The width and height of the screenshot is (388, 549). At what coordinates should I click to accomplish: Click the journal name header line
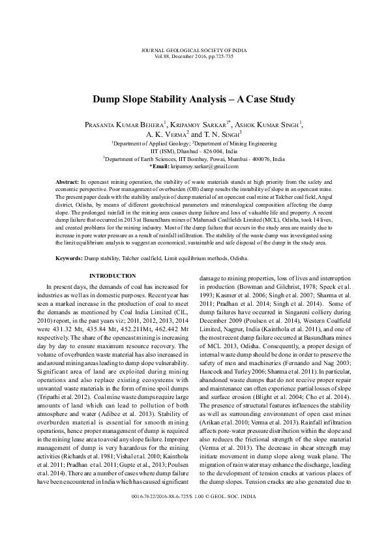194,50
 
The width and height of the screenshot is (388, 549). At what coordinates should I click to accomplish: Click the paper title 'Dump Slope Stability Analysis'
194,100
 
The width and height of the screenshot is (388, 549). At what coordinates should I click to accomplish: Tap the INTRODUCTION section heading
112,276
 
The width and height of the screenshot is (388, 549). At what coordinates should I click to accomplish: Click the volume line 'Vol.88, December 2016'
194,56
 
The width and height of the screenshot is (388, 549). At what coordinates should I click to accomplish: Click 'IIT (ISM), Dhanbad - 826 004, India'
194,150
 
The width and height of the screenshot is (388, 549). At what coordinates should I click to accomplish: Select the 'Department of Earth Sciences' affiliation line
194,158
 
